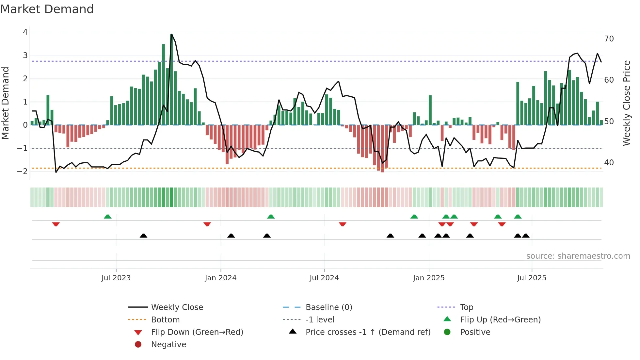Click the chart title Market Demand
[x=47, y=9]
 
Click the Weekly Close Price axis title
[x=626, y=103]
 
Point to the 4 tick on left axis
[x=25, y=32]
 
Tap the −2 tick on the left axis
[x=23, y=172]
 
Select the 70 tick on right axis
[x=609, y=39]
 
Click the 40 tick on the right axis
[x=609, y=163]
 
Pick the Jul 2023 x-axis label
[x=116, y=278]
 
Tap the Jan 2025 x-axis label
[x=428, y=278]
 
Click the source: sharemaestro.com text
[x=578, y=256]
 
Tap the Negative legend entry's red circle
[x=138, y=345]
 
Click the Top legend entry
[x=467, y=307]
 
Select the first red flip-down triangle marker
[x=56, y=224]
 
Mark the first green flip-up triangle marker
[x=107, y=217]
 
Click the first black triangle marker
[x=143, y=236]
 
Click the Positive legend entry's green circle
[x=447, y=332]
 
